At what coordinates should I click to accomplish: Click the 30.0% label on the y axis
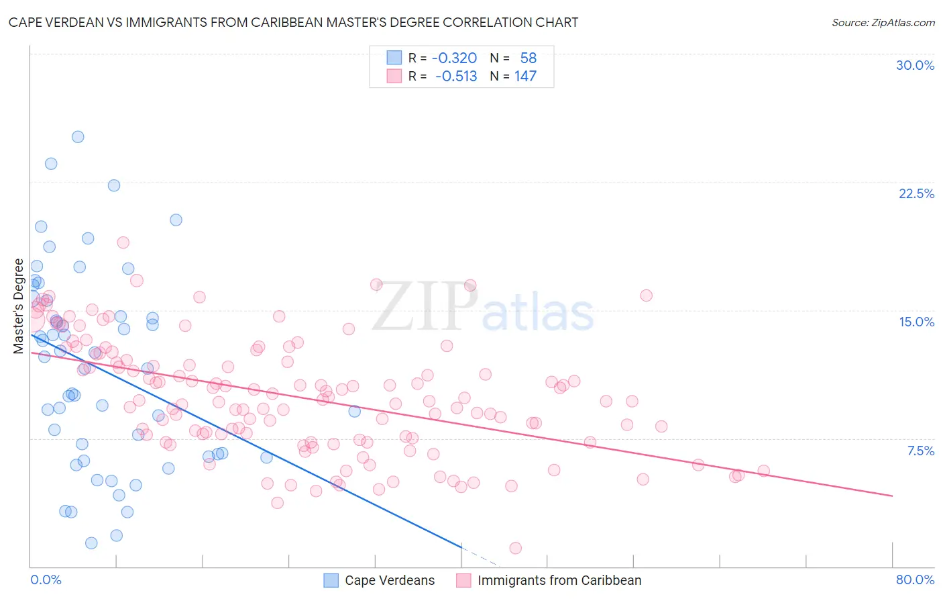[915, 65]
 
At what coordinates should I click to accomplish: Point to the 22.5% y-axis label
[916, 193]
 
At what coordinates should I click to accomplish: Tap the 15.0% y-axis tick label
[916, 322]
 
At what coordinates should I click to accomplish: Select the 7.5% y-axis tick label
[920, 451]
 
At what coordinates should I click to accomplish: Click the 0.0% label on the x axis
[46, 580]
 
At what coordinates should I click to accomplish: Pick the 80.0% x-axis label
[915, 580]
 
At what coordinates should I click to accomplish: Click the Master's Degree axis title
[19, 306]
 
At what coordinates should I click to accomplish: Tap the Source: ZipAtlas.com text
[883, 22]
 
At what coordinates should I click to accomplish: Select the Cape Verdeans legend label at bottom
[390, 580]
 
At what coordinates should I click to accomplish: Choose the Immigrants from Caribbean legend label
[559, 580]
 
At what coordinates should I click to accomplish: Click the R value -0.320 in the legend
[454, 58]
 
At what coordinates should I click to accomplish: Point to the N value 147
[525, 76]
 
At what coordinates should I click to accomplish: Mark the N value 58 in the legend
[528, 58]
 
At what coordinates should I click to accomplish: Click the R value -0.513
[456, 76]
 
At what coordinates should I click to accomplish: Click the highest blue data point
[78, 137]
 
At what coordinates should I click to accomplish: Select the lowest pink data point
[515, 548]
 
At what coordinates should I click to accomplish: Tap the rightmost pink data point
[763, 471]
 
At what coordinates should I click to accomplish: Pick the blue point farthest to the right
[355, 412]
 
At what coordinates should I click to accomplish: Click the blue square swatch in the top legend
[394, 58]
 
